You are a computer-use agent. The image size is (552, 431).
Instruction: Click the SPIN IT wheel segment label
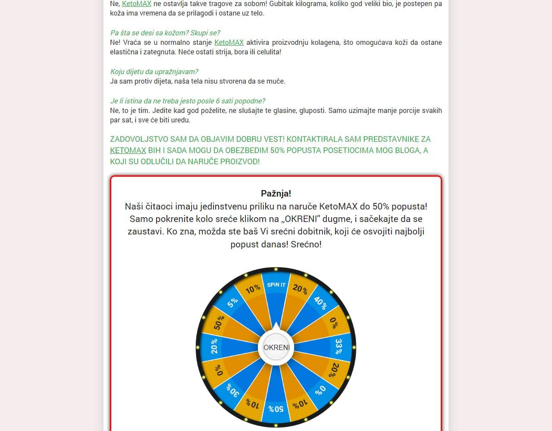click(276, 284)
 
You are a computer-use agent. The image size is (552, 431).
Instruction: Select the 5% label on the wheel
click(232, 303)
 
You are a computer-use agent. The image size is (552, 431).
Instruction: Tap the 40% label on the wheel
click(320, 303)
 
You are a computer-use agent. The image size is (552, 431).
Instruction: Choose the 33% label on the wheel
click(339, 346)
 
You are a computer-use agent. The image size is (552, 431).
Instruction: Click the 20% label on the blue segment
click(214, 346)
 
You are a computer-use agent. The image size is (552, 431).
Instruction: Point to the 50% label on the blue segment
click(276, 409)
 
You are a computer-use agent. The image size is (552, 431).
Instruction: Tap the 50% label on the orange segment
click(219, 322)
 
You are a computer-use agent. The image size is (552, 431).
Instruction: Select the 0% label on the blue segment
click(320, 390)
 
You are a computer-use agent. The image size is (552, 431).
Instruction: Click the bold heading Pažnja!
click(276, 194)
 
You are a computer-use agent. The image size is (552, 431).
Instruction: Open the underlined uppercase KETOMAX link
click(128, 150)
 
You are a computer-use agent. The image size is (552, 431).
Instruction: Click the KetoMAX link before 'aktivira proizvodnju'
click(229, 42)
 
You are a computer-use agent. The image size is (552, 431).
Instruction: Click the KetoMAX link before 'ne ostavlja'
click(137, 3)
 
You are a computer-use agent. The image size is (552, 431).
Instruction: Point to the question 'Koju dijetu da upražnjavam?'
click(154, 72)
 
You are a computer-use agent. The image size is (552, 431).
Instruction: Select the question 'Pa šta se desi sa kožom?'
click(165, 33)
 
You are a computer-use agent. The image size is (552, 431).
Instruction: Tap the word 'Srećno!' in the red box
click(306, 244)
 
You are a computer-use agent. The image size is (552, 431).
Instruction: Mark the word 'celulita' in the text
click(267, 52)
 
